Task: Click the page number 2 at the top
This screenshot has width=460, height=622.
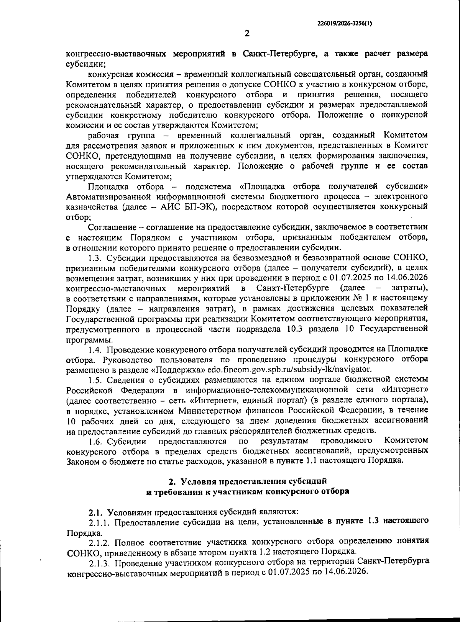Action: click(x=247, y=33)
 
